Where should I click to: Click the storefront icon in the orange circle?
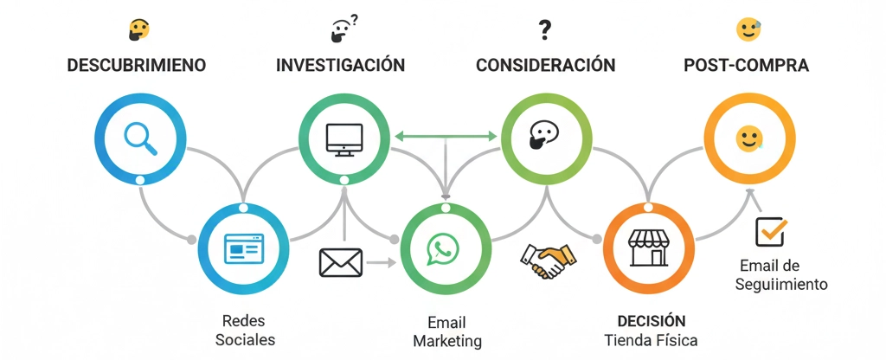click(x=648, y=247)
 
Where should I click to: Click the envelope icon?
click(x=340, y=262)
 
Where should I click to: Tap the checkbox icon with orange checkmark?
click(x=770, y=231)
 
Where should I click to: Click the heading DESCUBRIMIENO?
click(x=137, y=66)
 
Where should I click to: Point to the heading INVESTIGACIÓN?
click(x=340, y=66)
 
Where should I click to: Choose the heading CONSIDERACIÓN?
click(x=545, y=66)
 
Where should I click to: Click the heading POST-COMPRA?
click(x=746, y=66)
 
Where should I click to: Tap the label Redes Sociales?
click(x=245, y=329)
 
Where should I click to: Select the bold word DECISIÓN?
click(x=652, y=320)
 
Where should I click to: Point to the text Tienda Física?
click(x=652, y=339)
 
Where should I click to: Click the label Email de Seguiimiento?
click(x=781, y=274)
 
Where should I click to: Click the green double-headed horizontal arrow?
click(x=445, y=136)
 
